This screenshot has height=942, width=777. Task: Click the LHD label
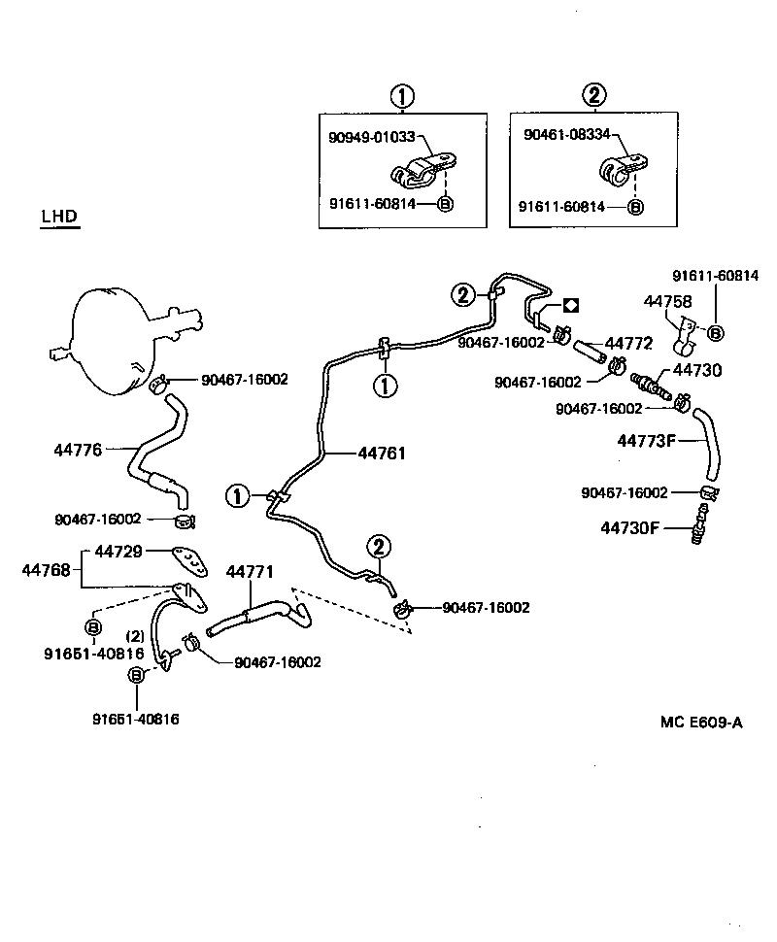pos(59,216)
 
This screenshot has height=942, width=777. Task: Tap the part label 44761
pos(382,453)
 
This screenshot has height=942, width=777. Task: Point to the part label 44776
pos(78,450)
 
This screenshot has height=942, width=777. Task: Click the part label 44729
pos(118,552)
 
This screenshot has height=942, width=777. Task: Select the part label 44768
pos(46,569)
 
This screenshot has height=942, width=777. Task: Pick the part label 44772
pos(629,344)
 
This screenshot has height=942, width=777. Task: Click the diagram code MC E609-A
pos(701,723)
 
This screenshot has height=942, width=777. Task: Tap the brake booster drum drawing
pos(117,335)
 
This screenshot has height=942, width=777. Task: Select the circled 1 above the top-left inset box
pos(402,95)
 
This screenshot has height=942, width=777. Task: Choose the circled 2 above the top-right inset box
pos(594,95)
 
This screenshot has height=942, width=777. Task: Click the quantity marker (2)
pos(135,635)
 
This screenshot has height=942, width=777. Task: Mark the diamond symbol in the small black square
pos(571,305)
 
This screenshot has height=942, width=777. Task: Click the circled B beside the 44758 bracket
pos(716,333)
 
